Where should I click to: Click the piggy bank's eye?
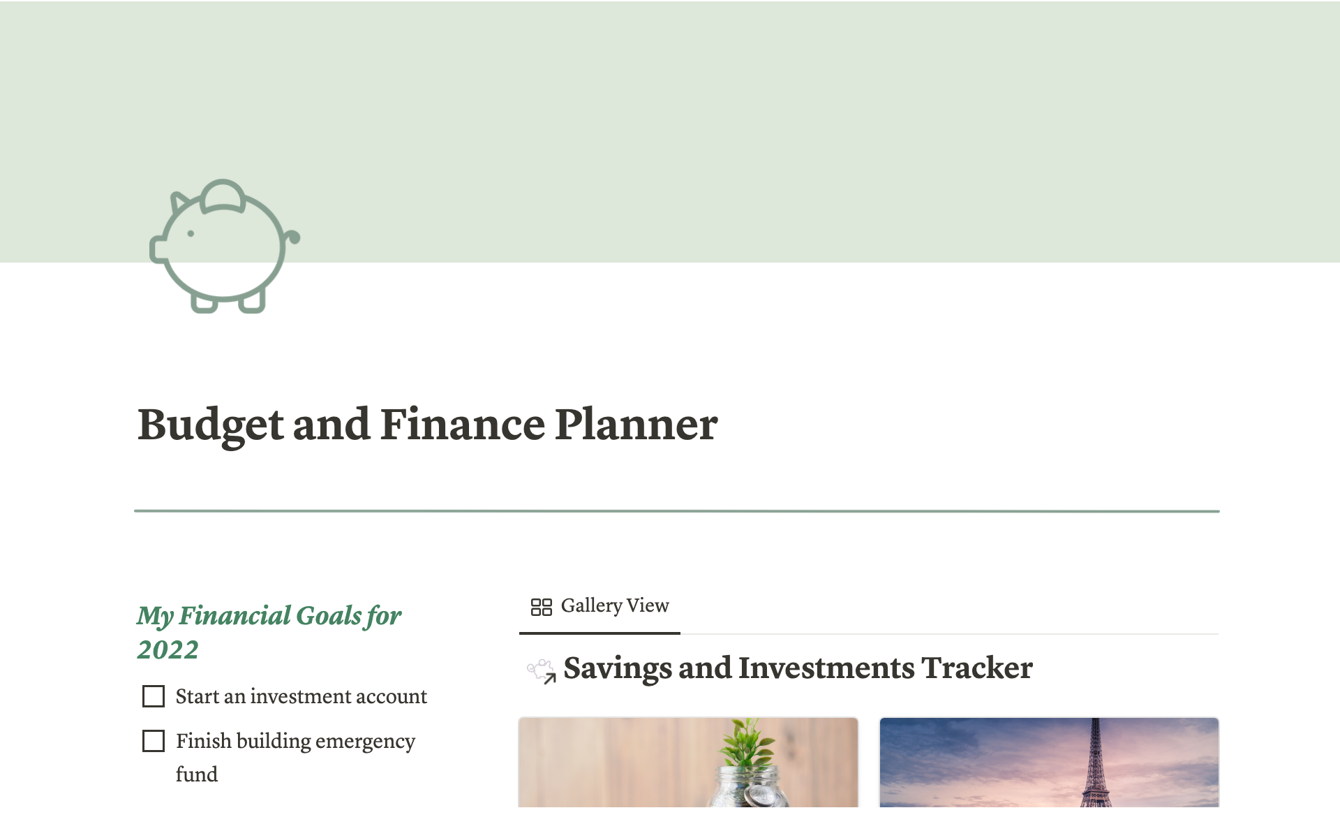191,233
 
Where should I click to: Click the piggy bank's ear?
179,202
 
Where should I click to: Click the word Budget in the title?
211,425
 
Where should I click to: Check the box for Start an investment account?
154,696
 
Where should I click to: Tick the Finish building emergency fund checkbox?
154,741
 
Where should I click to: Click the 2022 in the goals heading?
167,649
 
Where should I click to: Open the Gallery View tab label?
615,605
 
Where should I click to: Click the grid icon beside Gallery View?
542,607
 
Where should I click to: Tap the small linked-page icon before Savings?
542,671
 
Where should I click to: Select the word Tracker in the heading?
977,668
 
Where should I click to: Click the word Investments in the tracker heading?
826,668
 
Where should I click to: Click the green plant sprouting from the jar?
747,744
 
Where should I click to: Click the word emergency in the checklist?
365,741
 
